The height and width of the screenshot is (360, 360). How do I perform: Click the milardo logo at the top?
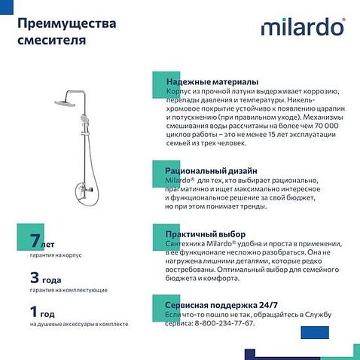(303, 27)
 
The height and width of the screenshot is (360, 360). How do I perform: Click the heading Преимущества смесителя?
(63, 29)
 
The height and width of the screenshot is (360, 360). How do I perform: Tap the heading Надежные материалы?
(212, 81)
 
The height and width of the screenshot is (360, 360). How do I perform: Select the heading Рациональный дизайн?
(211, 170)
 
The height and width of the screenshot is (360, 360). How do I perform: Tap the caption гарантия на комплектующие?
(69, 290)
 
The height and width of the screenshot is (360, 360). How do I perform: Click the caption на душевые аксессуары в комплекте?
(79, 324)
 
